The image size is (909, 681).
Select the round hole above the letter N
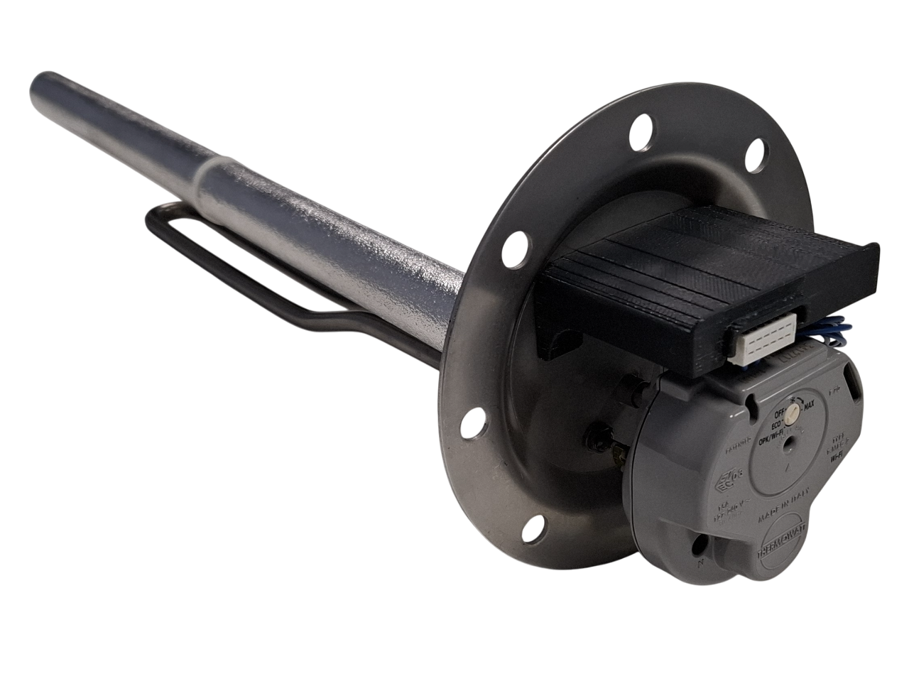pyautogui.click(x=702, y=543)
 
